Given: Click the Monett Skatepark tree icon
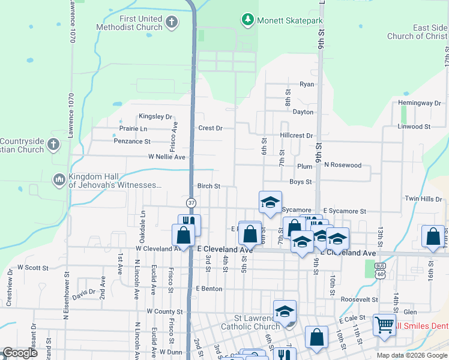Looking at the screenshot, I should coord(247,20).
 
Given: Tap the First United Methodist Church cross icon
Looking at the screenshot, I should coord(171,23).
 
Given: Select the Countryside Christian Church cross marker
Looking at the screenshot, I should coord(53,145).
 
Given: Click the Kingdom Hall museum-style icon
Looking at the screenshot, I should coord(59,179).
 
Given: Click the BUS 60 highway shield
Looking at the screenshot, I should coord(379,269).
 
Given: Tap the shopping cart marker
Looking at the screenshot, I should coord(385,325).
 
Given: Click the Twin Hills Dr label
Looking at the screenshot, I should coord(423,199).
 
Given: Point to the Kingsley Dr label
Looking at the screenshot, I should coord(155,116).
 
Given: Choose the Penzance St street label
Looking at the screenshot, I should coord(132,142).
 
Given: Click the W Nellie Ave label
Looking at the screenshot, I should coord(167,157).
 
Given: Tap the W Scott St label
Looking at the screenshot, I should coord(32,267).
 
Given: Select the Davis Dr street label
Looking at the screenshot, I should coord(83,292).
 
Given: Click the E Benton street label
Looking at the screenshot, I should coord(209,289).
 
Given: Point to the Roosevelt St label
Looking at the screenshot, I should coord(359,299).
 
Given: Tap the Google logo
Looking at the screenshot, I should coord(20,353).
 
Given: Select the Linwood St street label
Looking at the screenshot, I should coord(414,127).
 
